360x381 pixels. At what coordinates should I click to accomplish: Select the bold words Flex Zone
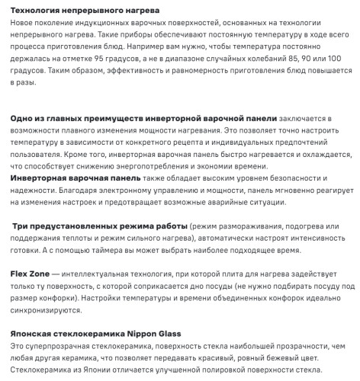(x=30, y=273)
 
